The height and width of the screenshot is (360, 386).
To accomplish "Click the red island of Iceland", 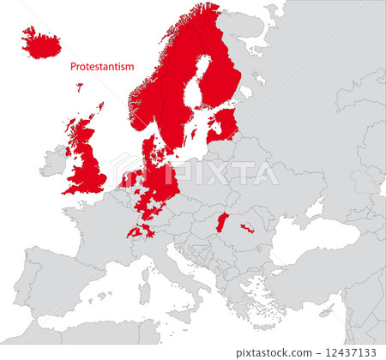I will coord(41,42).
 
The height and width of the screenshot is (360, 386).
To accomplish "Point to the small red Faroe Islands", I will coord(80,86).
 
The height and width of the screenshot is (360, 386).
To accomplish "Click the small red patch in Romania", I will coord(247,229).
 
